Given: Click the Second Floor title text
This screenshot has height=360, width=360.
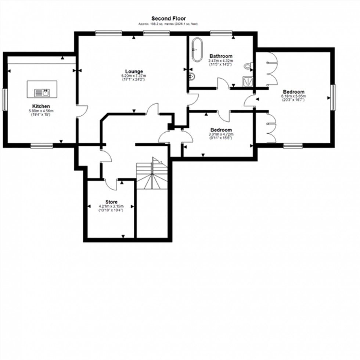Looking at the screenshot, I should click(x=169, y=18).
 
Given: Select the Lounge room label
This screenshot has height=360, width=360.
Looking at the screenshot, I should click(x=134, y=71).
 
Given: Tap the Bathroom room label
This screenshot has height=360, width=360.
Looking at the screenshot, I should click(x=221, y=56).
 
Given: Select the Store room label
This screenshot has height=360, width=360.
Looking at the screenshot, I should click(x=111, y=202).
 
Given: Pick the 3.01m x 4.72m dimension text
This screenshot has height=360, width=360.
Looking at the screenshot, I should click(x=221, y=134).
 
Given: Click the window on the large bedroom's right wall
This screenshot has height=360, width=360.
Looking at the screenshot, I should click(x=333, y=97).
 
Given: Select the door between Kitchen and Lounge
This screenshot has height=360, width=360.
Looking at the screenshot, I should click(x=82, y=111).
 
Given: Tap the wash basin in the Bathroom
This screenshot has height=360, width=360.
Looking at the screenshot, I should click(x=192, y=77).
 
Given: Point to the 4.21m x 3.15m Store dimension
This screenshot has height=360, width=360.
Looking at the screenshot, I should click(x=111, y=206).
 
